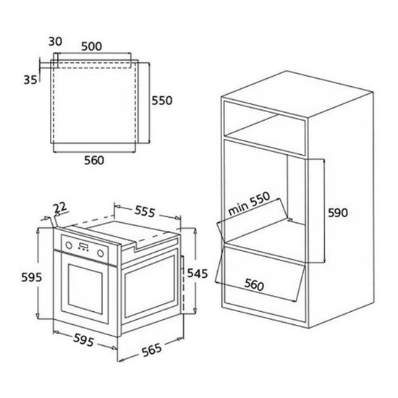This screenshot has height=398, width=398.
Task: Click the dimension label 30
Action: pos(55,41)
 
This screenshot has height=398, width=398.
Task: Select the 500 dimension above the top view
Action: pos(92,46)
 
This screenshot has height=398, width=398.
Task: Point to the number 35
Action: pos(30,80)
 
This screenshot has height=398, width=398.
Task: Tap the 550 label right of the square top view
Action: pos(162,101)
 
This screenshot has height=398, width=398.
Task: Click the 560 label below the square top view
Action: pos(94,161)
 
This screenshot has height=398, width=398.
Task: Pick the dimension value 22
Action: pos(60,208)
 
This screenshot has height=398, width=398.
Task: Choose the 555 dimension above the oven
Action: pos(145,211)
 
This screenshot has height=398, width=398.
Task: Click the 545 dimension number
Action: pos(198,274)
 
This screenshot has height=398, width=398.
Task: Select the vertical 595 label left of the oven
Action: pos(31,277)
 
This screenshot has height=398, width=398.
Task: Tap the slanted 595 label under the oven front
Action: pos(84,340)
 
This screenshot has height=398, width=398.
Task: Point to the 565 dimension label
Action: pos(151,350)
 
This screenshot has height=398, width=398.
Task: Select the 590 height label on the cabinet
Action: pos(338,213)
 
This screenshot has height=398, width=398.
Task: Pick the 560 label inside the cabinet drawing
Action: pos(254,284)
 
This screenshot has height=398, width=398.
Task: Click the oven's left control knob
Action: pos(69,245)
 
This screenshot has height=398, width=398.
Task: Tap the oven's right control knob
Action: pos(101,253)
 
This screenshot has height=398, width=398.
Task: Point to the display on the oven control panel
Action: pos(84,246)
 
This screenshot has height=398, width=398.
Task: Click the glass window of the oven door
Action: pos(85,286)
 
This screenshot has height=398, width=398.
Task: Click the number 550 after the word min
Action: pos(260,200)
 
